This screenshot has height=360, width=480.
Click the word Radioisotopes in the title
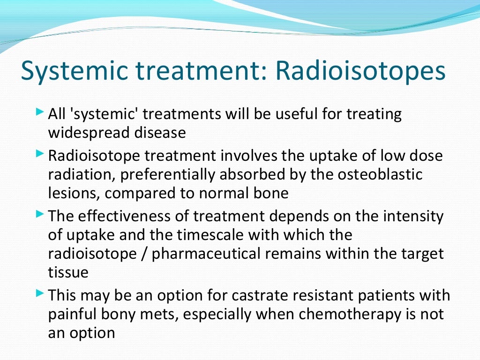tap(360, 71)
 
